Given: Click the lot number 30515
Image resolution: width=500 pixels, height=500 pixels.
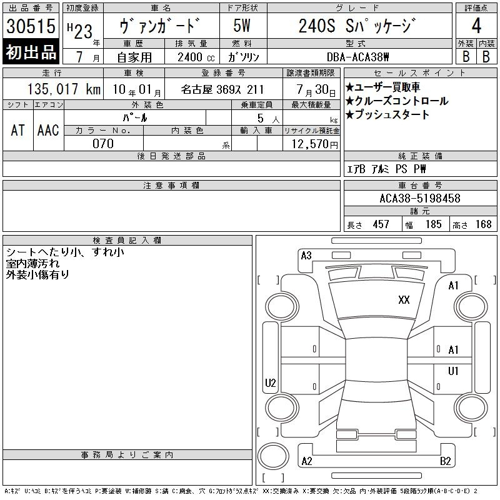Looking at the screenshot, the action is [x=31, y=26].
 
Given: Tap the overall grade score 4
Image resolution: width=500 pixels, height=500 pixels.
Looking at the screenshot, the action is [x=476, y=26].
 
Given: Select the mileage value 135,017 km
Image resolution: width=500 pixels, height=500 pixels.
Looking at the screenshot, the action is [x=64, y=89].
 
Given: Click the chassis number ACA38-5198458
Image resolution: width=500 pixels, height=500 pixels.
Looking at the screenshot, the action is [x=420, y=198].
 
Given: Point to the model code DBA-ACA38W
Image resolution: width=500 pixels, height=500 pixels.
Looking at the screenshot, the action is [x=357, y=57].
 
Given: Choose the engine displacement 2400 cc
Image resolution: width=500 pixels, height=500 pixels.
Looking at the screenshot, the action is [x=196, y=57].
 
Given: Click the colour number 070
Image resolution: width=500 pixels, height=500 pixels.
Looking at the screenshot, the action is [x=103, y=144].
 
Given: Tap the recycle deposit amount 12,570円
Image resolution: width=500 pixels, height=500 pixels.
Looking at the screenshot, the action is [x=315, y=144].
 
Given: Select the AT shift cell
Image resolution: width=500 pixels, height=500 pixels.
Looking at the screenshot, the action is [x=18, y=130].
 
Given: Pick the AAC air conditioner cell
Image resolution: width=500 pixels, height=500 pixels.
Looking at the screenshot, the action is [x=48, y=130].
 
